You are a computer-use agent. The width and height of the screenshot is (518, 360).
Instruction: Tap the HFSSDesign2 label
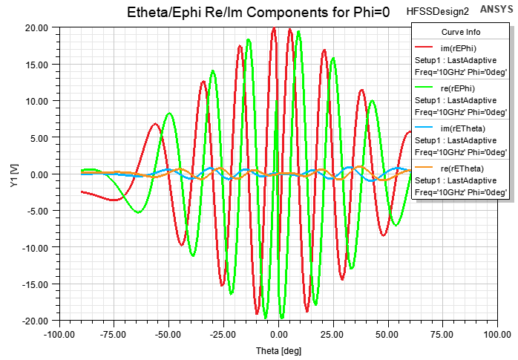[x=438, y=13]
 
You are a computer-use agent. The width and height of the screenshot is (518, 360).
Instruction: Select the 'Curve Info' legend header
[x=461, y=33]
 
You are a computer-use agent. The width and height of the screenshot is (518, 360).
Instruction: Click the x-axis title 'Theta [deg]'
[x=278, y=350]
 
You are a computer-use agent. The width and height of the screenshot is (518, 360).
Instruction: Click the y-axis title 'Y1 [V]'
[x=14, y=175]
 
